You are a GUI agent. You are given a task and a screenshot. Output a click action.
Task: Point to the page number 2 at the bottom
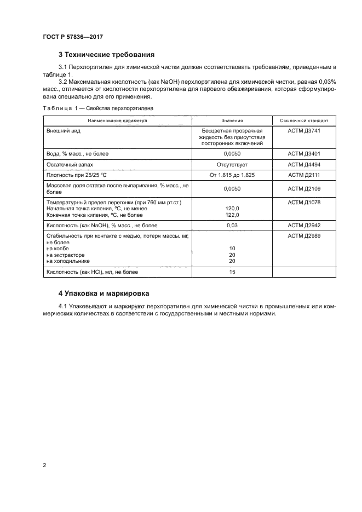[44, 465]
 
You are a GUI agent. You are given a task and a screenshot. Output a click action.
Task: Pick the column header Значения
[232, 120]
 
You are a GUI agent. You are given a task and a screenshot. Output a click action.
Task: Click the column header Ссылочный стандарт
[304, 120]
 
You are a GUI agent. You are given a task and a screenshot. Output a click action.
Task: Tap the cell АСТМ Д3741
[304, 131]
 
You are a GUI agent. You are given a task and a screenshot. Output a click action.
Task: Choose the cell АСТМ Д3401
[304, 154]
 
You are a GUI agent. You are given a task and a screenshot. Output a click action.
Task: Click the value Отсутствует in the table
[232, 164]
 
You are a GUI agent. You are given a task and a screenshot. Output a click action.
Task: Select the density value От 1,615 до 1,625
[232, 175]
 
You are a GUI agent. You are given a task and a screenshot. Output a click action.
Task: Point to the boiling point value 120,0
[232, 209]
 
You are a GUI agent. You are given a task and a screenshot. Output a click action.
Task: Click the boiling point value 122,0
[232, 215]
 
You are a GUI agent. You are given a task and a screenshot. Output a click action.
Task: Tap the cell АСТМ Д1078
[304, 203]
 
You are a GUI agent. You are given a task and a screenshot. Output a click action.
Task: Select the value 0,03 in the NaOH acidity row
[232, 225]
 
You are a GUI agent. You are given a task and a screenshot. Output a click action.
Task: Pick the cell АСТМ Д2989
[304, 235]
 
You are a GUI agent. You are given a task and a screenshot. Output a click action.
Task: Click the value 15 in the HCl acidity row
[232, 272]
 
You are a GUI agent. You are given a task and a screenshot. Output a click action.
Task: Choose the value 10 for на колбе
[232, 248]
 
